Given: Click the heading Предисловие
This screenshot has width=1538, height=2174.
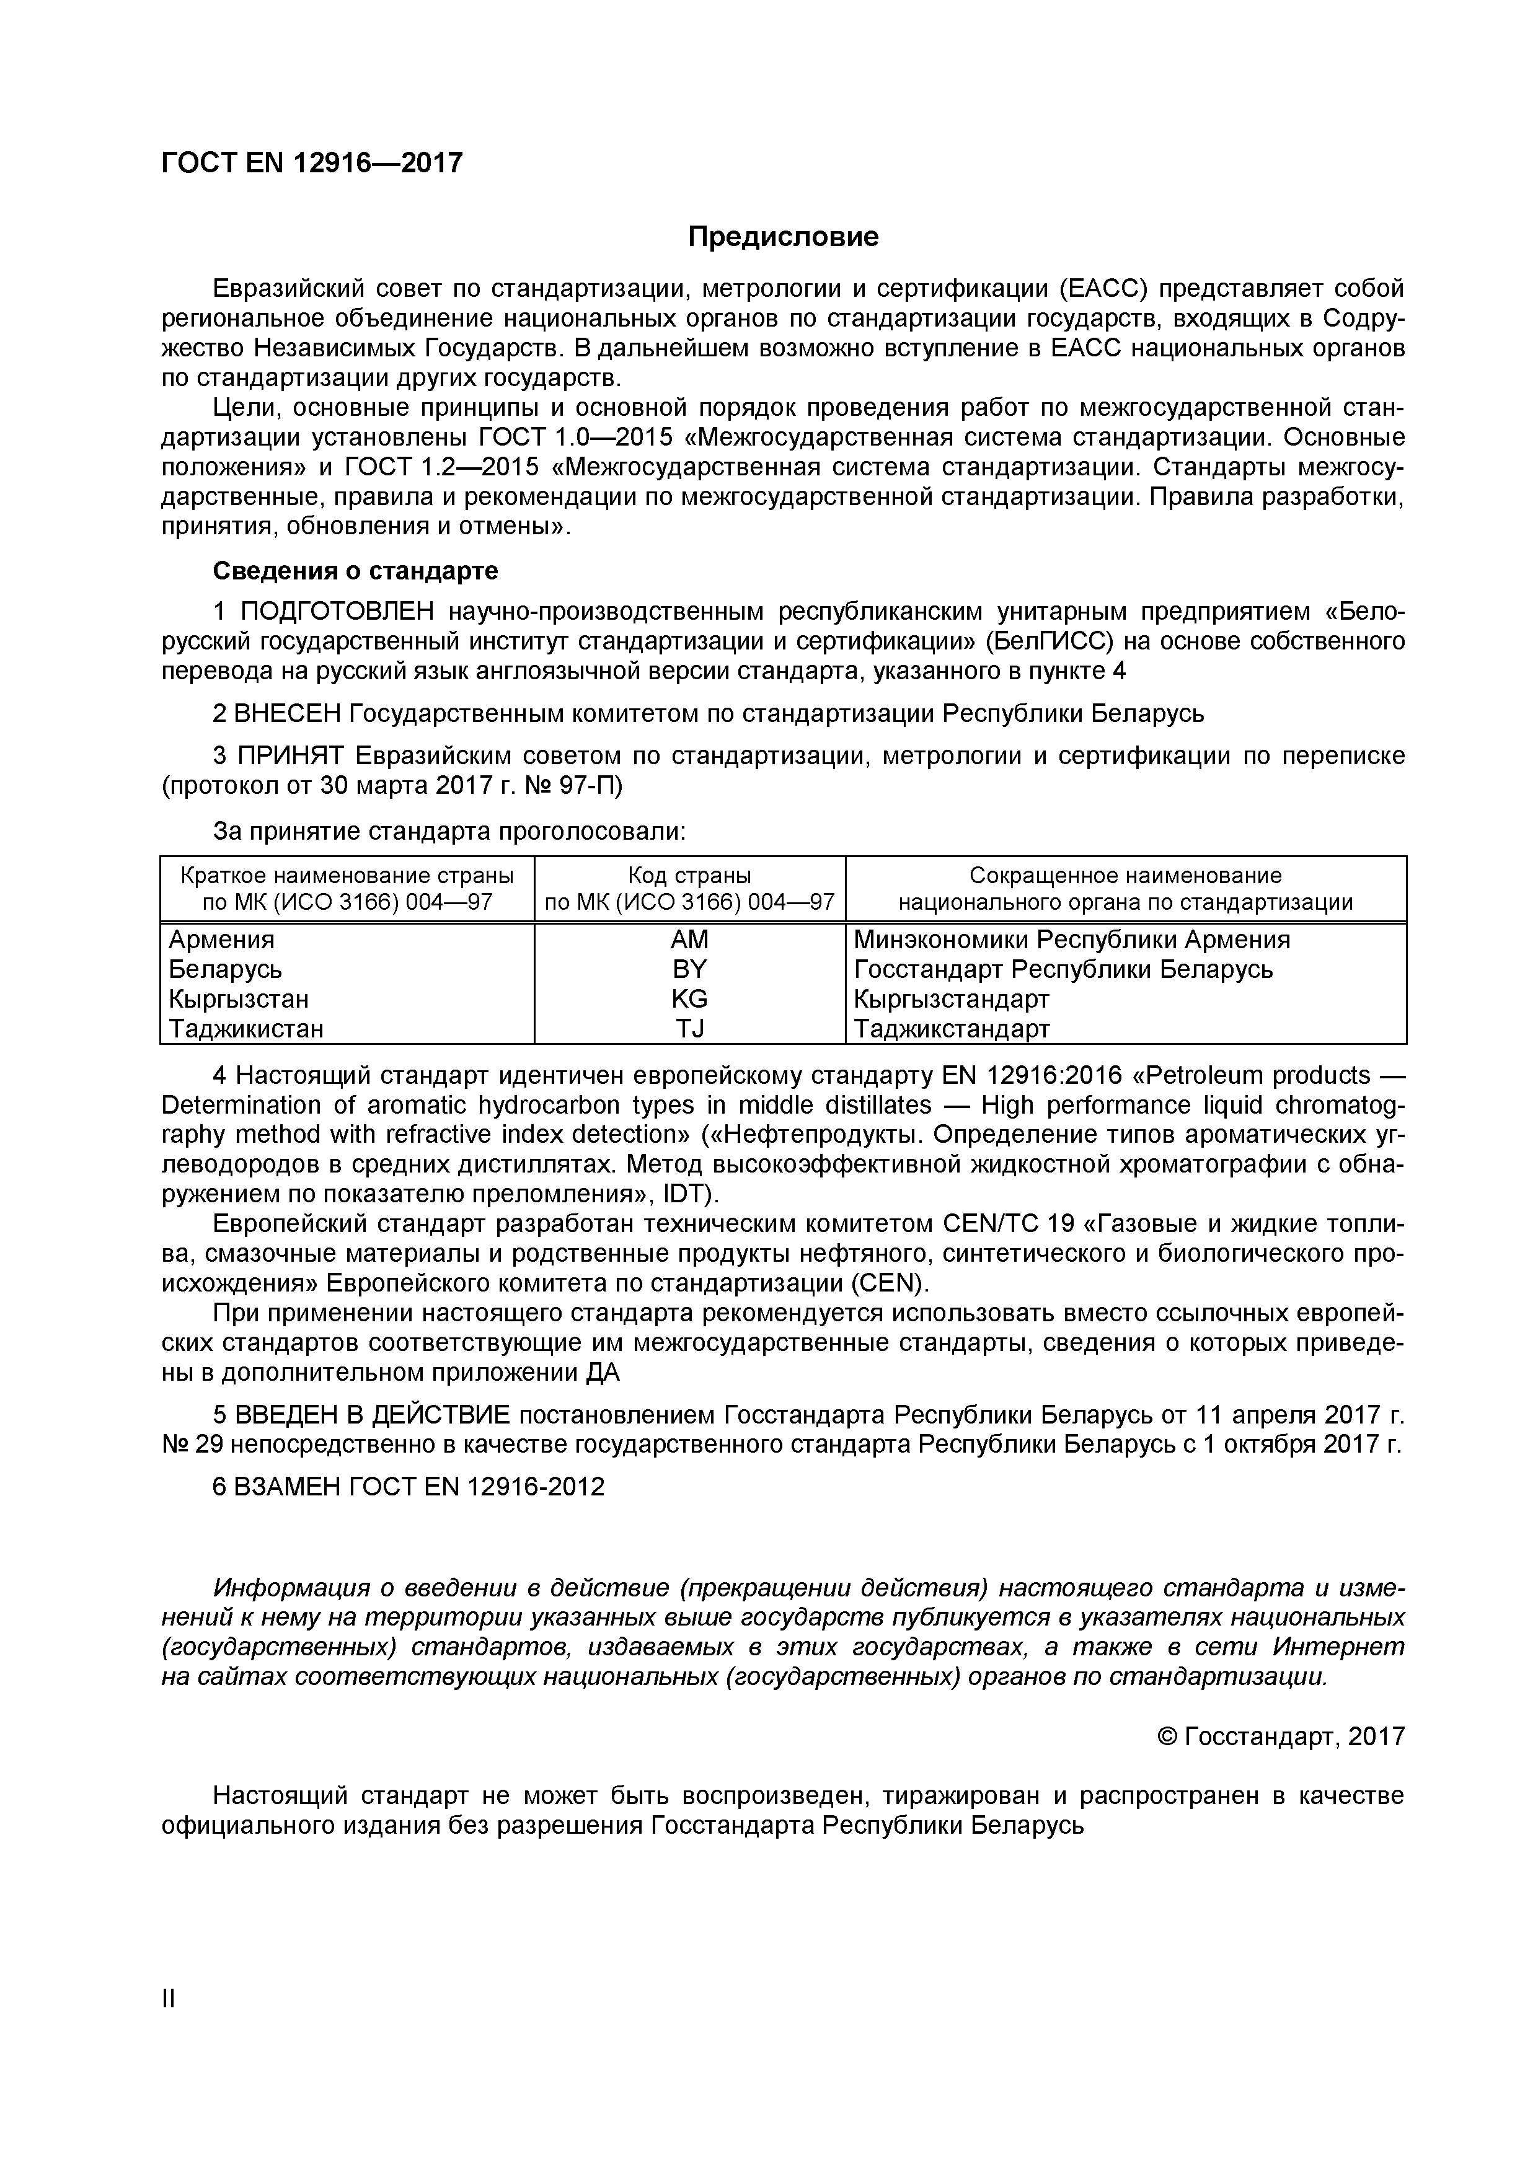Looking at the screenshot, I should (782, 237).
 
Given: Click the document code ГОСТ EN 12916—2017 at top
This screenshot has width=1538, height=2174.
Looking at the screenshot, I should (312, 164).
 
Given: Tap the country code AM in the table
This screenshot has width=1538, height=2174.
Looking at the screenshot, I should (689, 940).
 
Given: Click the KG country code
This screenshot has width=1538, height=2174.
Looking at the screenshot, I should (689, 999).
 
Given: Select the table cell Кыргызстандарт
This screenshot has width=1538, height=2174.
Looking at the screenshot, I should (952, 999).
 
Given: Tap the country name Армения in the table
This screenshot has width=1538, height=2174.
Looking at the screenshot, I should (221, 940).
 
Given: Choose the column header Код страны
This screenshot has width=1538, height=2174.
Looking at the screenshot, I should (689, 875).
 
